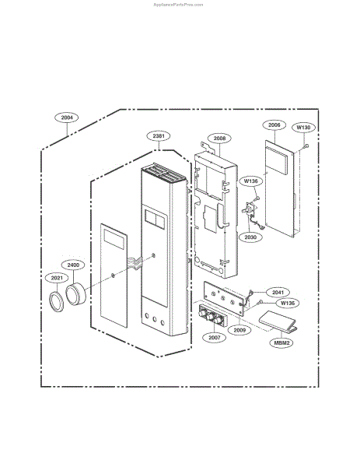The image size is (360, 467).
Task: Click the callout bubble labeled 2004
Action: click(67, 118)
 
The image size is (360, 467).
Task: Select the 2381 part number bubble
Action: click(159, 136)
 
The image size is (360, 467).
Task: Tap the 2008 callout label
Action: click(219, 139)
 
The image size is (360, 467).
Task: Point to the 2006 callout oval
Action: click(274, 125)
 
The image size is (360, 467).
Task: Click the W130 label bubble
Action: click(303, 128)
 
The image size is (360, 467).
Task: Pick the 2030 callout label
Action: click(250, 237)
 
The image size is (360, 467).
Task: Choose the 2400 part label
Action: click(73, 265)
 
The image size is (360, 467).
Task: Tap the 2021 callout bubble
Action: click(57, 278)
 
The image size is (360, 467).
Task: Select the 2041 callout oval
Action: click(278, 293)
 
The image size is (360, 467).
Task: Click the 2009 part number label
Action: click(239, 330)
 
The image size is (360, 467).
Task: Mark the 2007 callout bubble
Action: click(215, 338)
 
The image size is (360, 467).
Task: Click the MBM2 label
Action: click(281, 342)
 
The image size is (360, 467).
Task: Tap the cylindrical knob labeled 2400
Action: click(75, 294)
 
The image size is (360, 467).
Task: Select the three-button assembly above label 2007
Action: click(211, 316)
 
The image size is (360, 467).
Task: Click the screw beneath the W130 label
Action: click(306, 146)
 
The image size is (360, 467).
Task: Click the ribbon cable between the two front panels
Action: click(135, 262)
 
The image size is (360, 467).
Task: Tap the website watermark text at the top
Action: click(179, 5)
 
